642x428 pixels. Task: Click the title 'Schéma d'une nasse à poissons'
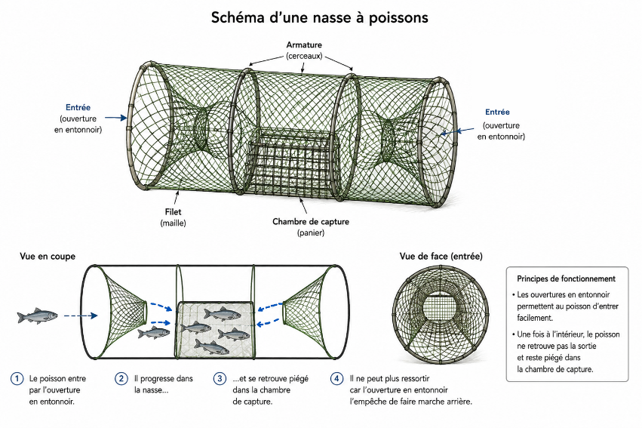pos(320,17)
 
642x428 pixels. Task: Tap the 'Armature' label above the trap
pos(304,45)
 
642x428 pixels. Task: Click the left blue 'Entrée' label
pos(78,107)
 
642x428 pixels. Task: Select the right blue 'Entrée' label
pos(497,112)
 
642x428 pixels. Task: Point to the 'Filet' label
pos(173,212)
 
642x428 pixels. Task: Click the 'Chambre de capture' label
pos(311,222)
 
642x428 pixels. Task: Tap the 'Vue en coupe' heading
pos(48,257)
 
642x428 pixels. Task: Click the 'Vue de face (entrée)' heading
pos(441,257)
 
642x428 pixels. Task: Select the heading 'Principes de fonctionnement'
pos(566,279)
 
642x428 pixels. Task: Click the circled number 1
pos(17,378)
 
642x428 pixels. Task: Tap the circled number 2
pos(121,378)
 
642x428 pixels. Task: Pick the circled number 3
pos(220,378)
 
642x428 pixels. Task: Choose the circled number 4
pos(336,378)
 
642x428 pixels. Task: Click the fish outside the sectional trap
pos(37,316)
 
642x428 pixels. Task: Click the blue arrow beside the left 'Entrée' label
pos(116,118)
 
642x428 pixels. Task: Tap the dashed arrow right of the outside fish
pos(81,316)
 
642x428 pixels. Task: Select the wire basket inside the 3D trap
pos(294,164)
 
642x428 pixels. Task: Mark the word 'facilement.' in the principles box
pos(535,318)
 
